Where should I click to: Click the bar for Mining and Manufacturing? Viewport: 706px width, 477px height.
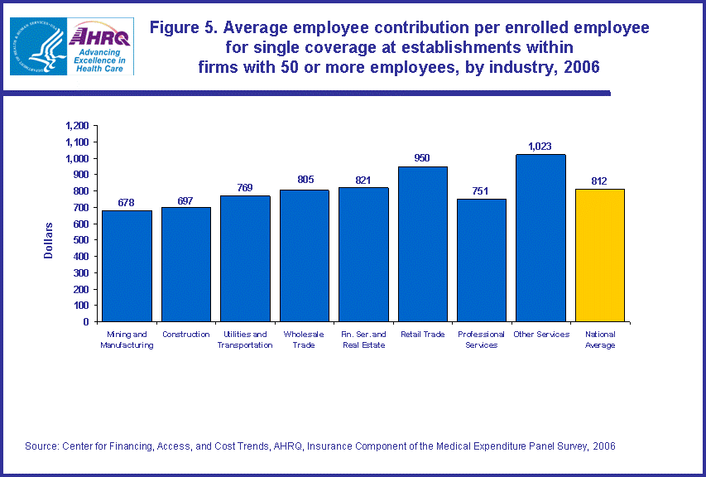(x=127, y=266)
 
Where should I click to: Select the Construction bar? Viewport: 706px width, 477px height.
(x=186, y=264)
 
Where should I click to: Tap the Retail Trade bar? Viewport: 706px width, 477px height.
(x=423, y=243)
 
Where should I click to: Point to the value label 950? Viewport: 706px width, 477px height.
(x=422, y=158)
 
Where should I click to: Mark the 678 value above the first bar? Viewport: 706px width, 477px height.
(x=127, y=203)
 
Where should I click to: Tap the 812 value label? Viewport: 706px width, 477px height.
(x=600, y=181)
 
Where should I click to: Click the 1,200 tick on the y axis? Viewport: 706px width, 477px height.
(x=76, y=126)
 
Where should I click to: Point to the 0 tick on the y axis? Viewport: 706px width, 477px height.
(x=87, y=321)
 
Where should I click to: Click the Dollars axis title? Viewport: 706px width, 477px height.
(x=49, y=240)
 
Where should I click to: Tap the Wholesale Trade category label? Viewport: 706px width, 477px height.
(x=304, y=340)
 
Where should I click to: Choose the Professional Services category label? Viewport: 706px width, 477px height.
(x=481, y=340)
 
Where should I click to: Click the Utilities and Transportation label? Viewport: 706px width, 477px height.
(x=245, y=340)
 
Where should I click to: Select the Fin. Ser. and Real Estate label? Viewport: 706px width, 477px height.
(x=363, y=340)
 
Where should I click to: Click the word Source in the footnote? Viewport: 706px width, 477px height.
(x=41, y=446)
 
